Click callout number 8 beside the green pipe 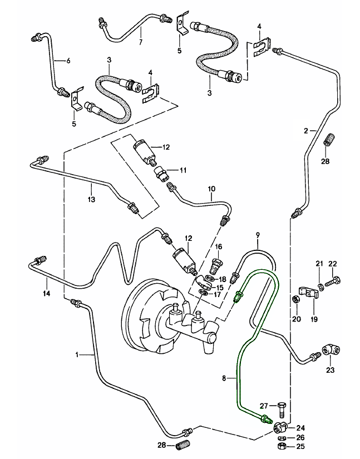224,378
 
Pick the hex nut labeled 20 296,300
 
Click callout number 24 301,428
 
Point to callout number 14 47,293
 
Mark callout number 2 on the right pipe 305,131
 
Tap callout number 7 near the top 140,42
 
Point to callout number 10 211,189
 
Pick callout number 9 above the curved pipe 258,235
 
